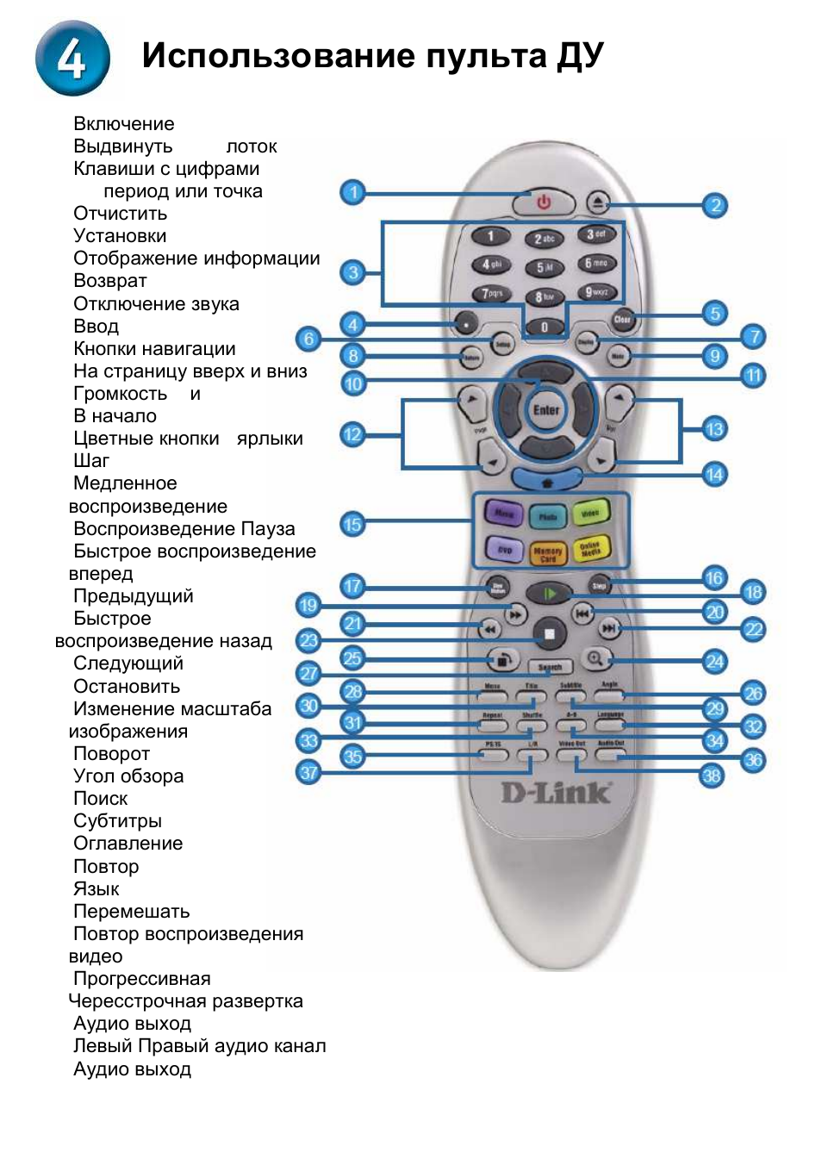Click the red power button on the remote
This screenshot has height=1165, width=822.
[x=543, y=202]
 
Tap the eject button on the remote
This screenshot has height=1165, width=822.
[x=599, y=202]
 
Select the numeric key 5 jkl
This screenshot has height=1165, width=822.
[x=545, y=268]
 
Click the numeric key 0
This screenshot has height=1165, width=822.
[x=544, y=327]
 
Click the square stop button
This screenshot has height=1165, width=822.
[x=549, y=635]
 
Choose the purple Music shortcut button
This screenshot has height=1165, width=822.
[x=504, y=514]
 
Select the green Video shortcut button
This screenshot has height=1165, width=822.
[x=590, y=514]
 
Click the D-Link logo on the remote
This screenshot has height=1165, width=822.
[x=557, y=792]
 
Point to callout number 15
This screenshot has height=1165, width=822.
[x=352, y=524]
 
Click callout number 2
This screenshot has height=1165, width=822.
[x=715, y=205]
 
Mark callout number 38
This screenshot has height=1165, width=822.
[x=711, y=776]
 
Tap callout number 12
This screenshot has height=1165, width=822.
[x=352, y=434]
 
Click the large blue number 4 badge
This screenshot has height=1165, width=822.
[x=72, y=58]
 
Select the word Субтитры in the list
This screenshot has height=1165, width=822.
[x=117, y=821]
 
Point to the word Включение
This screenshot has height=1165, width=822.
[x=123, y=124]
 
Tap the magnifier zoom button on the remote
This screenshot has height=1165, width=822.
[x=595, y=659]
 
